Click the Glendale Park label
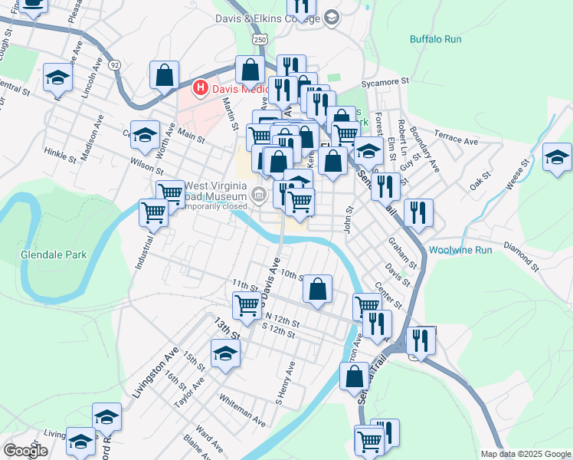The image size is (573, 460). point(54,255)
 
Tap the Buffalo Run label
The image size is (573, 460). point(434,38)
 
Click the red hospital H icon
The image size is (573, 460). point(201,88)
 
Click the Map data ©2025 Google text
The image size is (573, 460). point(525,454)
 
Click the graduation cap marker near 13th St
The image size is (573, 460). point(225,353)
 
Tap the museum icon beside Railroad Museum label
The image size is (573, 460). point(260,196)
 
